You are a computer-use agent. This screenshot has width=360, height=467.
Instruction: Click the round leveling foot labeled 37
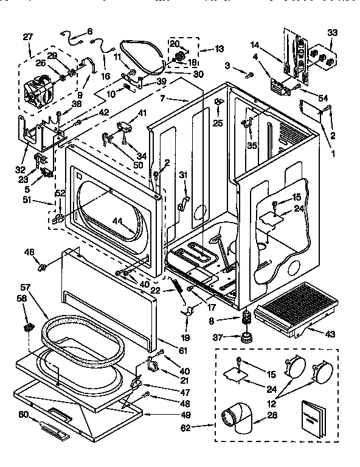click(246, 336)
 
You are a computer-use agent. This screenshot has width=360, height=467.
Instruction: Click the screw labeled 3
click(249, 74)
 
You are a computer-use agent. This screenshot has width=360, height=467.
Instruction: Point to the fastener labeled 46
click(43, 266)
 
